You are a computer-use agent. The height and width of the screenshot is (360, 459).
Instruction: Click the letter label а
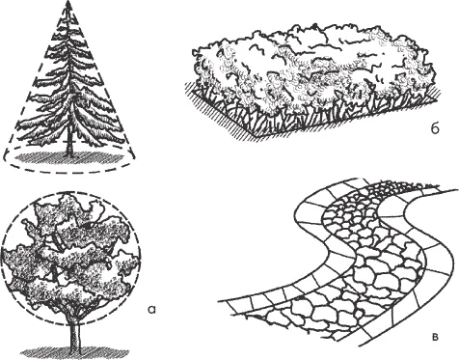[x=151, y=309]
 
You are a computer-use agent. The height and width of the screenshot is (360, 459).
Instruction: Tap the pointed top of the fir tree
[x=67, y=3]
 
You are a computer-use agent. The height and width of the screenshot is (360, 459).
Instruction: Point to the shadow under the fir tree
[x=69, y=157]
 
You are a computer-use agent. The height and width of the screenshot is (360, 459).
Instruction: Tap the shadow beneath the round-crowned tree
[x=76, y=353]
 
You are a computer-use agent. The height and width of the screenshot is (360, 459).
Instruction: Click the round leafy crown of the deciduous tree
[x=70, y=258]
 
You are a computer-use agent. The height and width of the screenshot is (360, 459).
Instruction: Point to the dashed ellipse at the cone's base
[x=69, y=166]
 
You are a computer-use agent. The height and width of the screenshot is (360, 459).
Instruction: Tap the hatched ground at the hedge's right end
[x=436, y=94]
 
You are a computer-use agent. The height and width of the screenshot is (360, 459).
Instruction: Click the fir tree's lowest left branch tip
[x=16, y=139]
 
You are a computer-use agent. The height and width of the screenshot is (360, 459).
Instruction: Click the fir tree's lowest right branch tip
[x=122, y=142]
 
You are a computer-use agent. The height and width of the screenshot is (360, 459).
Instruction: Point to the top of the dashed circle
[x=72, y=193]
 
